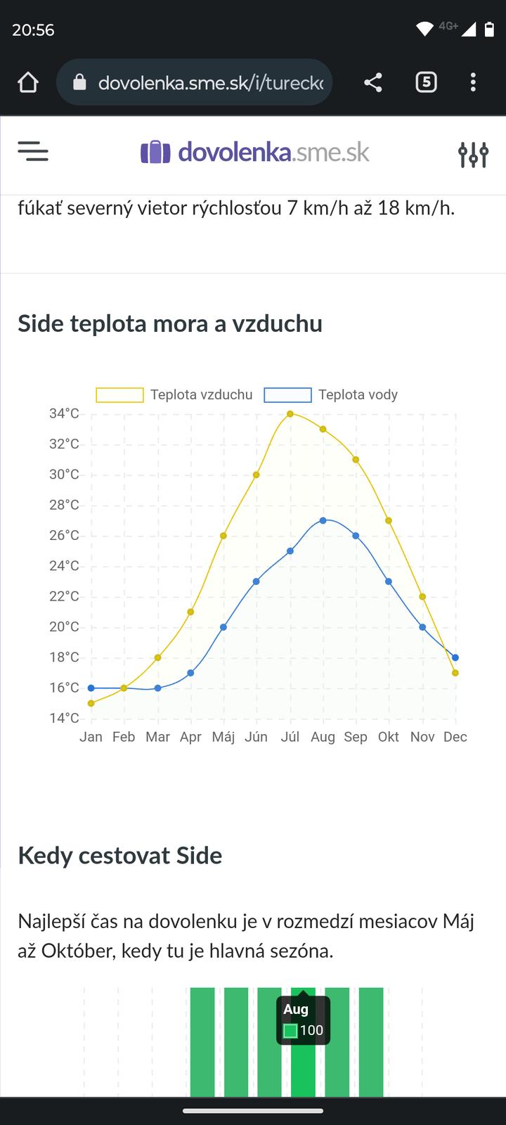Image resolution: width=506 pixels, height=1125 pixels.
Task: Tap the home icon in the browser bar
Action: coord(28,83)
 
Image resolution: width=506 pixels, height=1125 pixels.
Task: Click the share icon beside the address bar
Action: coord(373,83)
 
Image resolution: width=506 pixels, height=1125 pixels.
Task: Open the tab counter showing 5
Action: coord(426,83)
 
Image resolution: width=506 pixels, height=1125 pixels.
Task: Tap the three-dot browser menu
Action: coord(473,83)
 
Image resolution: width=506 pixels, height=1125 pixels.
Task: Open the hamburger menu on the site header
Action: coord(33,152)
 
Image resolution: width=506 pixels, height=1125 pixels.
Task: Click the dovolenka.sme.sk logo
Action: coord(255,152)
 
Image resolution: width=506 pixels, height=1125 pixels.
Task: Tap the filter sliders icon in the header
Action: coord(473,154)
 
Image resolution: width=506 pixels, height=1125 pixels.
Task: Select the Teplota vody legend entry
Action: coord(331,395)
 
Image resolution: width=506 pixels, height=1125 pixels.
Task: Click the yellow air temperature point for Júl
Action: coord(290,413)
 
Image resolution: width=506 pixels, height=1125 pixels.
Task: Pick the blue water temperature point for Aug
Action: coord(323,520)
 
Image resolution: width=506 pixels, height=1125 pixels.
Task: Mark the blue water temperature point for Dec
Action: coord(455,657)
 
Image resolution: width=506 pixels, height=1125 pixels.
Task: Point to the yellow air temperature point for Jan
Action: coord(91,703)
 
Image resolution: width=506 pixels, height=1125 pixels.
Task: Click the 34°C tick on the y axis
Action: coord(64,413)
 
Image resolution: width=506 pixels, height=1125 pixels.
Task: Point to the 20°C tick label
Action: coord(64,627)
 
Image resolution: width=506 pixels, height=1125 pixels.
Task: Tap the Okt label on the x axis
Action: coord(388,737)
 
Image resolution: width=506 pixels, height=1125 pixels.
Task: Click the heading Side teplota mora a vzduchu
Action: coord(170,323)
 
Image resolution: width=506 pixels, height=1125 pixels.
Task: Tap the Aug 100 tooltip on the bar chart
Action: coord(303,1020)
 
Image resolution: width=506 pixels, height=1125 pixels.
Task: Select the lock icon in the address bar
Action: coord(80,83)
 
